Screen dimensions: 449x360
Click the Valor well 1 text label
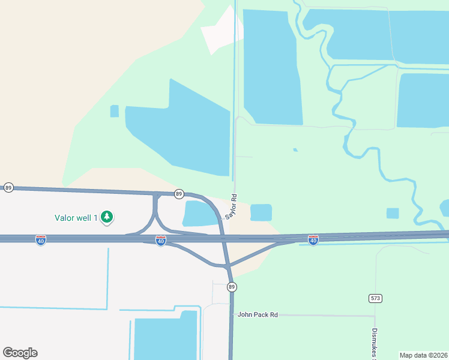[76, 218]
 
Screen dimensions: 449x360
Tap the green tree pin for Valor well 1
[107, 217]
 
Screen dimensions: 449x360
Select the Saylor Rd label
[231, 206]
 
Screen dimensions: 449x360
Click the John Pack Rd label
[258, 314]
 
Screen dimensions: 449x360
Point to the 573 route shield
[376, 298]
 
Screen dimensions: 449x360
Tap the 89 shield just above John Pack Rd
[232, 287]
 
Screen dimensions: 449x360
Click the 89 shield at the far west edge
[8, 188]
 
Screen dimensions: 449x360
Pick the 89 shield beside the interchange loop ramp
[179, 194]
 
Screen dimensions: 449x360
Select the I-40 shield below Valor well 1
[41, 240]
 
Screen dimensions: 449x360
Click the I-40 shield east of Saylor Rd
[313, 240]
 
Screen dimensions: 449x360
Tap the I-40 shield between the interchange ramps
[161, 241]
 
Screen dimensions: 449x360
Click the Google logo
[20, 353]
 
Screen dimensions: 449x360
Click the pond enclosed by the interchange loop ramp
[199, 214]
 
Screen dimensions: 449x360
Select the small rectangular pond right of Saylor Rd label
[261, 212]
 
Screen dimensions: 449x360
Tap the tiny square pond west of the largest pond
[115, 111]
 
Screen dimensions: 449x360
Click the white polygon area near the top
[221, 31]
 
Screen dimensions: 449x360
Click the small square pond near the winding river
[393, 213]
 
